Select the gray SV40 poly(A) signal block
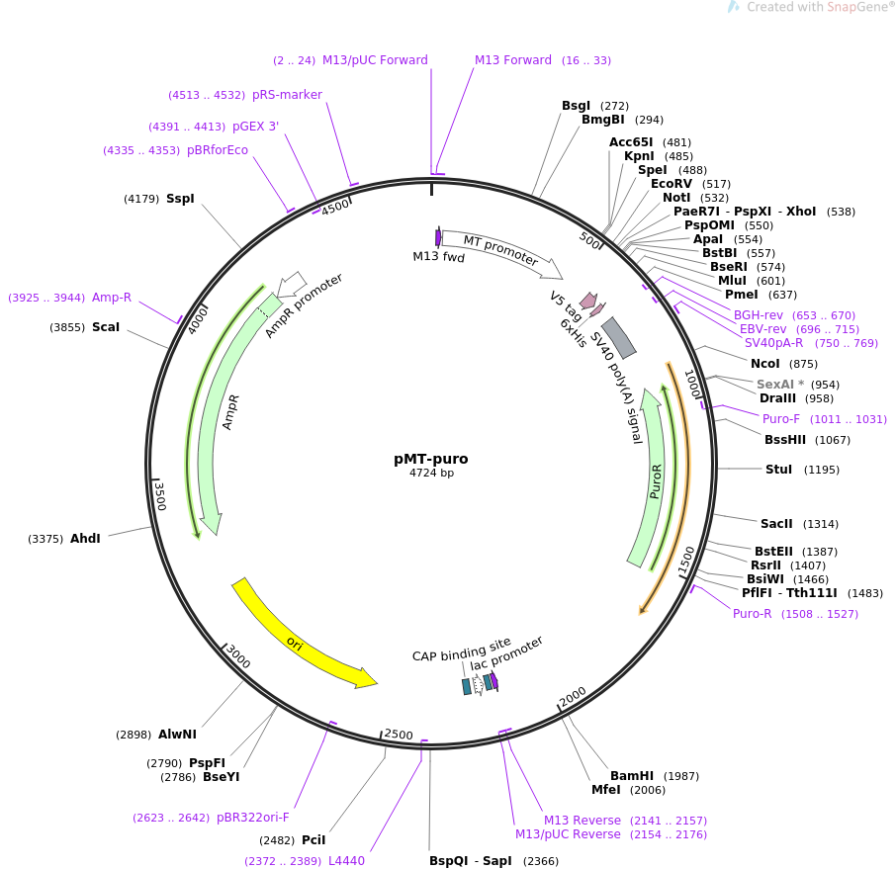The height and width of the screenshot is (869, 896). point(619,338)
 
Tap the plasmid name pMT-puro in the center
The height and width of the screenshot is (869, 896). point(431,459)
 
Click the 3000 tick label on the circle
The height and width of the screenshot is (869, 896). point(238,655)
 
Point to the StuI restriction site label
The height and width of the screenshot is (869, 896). point(778,469)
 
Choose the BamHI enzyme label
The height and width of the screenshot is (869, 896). point(631,775)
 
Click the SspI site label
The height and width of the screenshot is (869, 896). point(180,199)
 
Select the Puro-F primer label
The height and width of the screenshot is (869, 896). point(780,419)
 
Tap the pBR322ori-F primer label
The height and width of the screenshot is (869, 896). point(252,817)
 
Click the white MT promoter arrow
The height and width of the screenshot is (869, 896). point(501,250)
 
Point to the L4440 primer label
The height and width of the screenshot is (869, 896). point(346,860)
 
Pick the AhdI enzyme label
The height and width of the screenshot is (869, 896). point(85,538)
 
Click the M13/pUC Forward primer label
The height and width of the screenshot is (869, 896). point(375,60)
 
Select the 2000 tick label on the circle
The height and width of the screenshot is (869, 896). point(573,696)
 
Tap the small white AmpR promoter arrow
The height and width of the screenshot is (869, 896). point(292,284)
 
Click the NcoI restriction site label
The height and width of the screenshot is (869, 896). point(764,364)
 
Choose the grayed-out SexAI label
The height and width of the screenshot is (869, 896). point(775,384)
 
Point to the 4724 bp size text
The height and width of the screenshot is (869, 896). point(431,473)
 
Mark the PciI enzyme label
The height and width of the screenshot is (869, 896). point(314,840)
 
